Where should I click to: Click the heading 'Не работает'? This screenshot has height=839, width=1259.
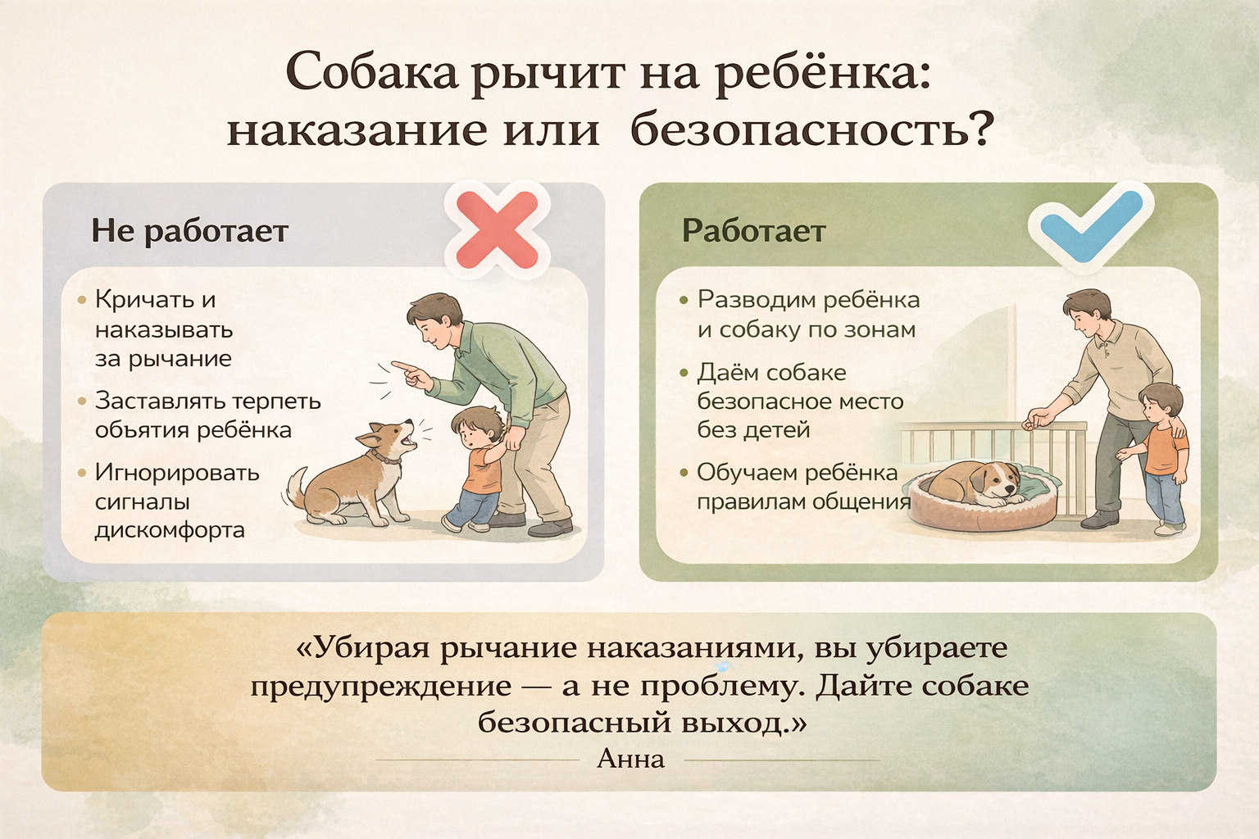point(190,230)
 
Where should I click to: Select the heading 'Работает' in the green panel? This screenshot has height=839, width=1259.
point(754,230)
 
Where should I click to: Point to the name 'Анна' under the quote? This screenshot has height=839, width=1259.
point(630,760)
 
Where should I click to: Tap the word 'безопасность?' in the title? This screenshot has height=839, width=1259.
point(810,129)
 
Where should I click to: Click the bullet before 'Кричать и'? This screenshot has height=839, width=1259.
point(82,300)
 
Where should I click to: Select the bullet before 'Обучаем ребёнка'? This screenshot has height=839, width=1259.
point(684,474)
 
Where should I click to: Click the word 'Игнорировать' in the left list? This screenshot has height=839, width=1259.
point(177,474)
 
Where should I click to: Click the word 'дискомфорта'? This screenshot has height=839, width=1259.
point(170,530)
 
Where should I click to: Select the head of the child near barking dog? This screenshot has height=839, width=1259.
point(478,427)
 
